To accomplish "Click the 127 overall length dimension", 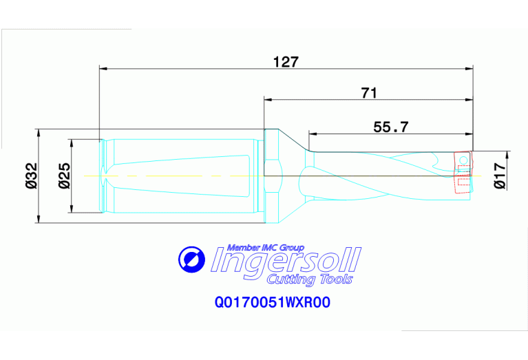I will click(286, 61).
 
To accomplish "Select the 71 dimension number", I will click(370, 93).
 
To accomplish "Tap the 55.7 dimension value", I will click(391, 127).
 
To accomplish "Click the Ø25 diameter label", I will click(63, 176).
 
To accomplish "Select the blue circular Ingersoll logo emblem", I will click(191, 260).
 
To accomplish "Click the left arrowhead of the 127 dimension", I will click(103, 68).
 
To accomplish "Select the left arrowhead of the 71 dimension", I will click(268, 99).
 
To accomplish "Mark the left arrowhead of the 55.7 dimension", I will click(311, 133).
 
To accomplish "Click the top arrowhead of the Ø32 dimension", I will click(39, 132).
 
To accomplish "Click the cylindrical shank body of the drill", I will click(182, 176).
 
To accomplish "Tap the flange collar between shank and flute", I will click(272, 176).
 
